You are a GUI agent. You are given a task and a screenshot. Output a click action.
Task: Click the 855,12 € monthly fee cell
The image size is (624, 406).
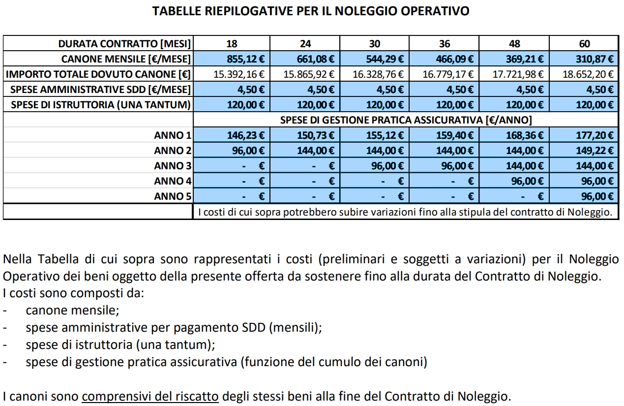coord(245,60)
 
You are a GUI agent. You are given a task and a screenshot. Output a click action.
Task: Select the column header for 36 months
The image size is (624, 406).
coord(445,44)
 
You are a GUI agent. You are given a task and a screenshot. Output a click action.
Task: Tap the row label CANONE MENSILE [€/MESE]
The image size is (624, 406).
coord(125,60)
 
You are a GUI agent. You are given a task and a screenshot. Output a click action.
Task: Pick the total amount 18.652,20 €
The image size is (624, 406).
coord(589,75)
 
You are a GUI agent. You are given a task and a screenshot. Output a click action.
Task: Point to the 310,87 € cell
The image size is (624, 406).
coord(595,60)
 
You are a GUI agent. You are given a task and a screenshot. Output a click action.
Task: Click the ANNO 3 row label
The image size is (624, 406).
coord(172,166)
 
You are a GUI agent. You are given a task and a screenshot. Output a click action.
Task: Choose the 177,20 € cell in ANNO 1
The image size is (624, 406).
coord(595,135)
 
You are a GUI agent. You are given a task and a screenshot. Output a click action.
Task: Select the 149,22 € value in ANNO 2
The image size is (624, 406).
coord(595,151)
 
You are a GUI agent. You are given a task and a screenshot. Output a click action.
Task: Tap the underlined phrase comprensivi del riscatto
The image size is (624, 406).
coord(150,396)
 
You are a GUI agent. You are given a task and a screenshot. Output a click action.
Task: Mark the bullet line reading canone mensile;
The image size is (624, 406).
coord(73,311)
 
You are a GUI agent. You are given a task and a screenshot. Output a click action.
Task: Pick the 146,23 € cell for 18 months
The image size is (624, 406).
coord(245,135)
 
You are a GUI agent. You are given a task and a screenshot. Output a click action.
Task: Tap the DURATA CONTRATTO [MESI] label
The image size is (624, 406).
coord(124,44)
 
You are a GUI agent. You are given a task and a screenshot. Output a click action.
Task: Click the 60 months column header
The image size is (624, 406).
coord(584,44)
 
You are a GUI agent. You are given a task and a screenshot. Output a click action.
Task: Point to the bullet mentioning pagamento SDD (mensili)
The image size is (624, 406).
coord(174,328)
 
